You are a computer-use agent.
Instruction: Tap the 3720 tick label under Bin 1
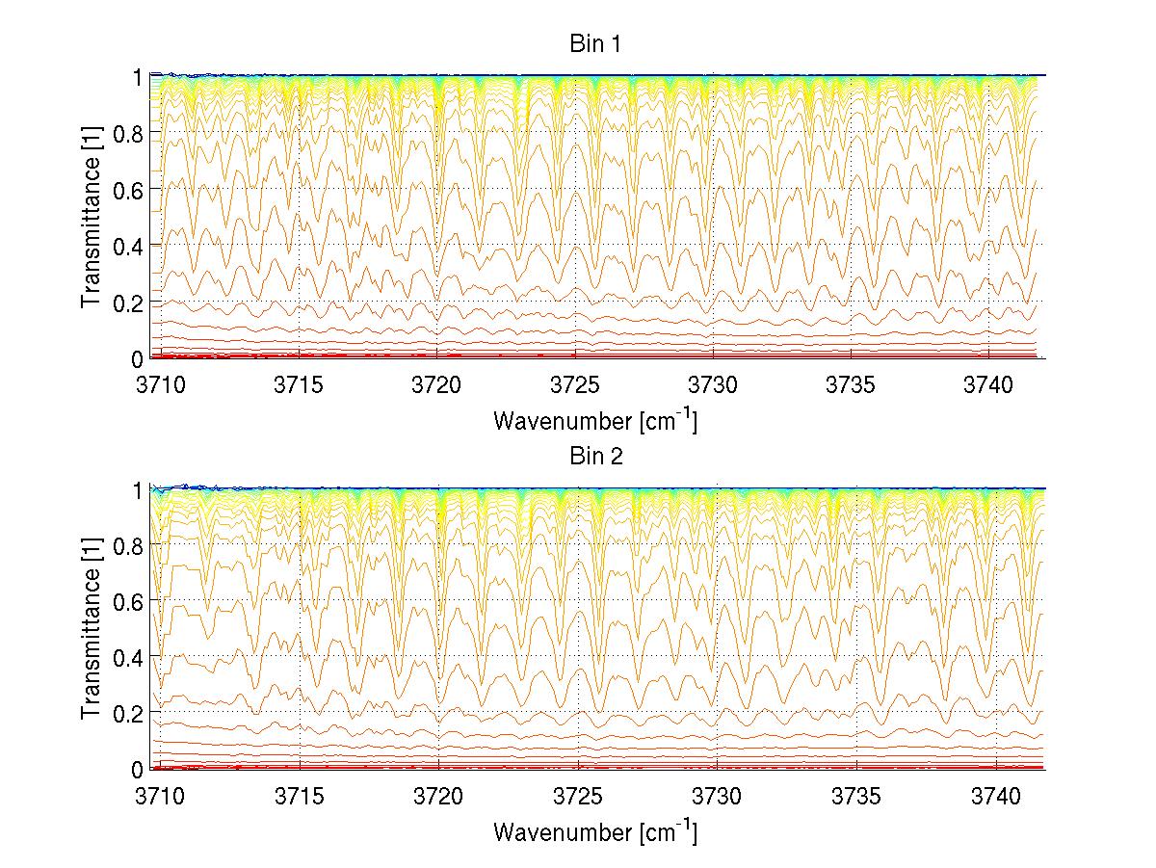tap(438, 383)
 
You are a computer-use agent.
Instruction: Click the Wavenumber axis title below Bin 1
tap(594, 420)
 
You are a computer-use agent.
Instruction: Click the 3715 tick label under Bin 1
tap(300, 383)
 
